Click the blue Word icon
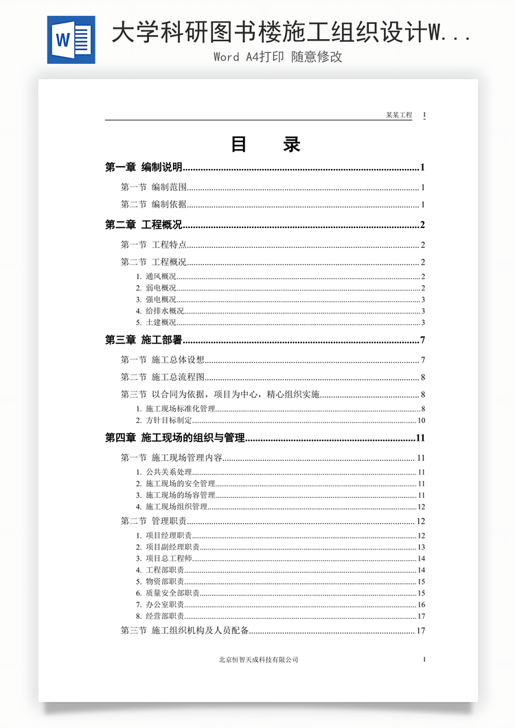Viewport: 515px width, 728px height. point(71,40)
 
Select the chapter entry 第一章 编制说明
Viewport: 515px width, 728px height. point(144,167)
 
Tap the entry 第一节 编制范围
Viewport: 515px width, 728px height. point(154,187)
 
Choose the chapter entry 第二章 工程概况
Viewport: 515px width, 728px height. point(144,225)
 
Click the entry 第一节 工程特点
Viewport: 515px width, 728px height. point(154,244)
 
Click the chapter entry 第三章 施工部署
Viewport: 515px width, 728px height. point(144,340)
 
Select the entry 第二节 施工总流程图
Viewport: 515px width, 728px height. point(163,376)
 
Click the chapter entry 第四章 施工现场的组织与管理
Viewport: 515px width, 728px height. point(175,437)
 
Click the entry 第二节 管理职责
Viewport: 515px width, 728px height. point(154,521)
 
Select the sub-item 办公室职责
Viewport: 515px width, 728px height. point(164,604)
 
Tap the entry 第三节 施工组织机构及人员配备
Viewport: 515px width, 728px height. point(185,630)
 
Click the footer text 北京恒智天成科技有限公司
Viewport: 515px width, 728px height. point(259,659)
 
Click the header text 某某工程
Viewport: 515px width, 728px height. point(399,115)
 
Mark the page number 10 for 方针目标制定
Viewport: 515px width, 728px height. point(422,420)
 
